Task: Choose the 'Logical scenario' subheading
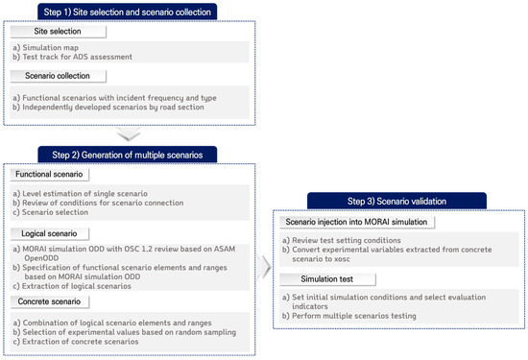[x=48, y=231]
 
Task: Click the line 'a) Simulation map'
[x=47, y=47]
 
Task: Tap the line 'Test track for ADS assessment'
[x=73, y=58]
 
